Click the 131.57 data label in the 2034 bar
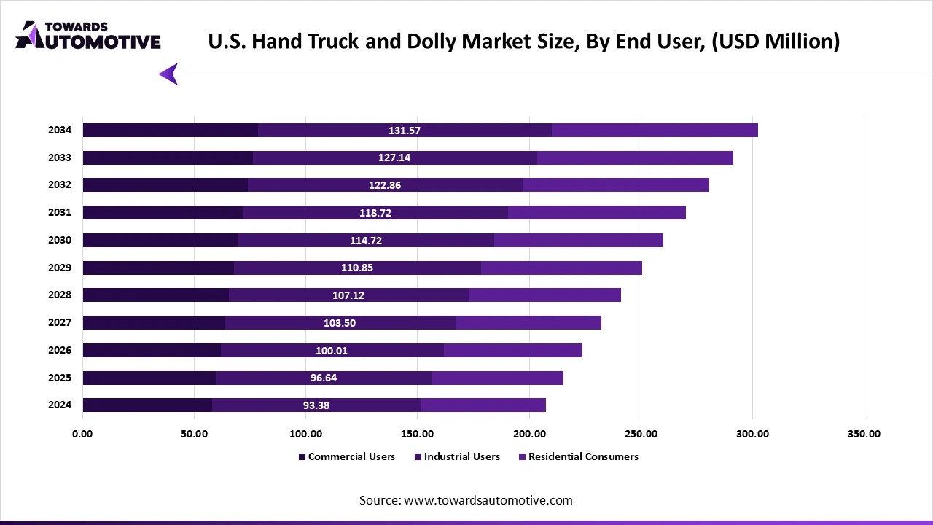pyautogui.click(x=404, y=131)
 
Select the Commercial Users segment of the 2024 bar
pyautogui.click(x=147, y=405)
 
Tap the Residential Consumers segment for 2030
pyautogui.click(x=578, y=241)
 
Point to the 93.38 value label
pyautogui.click(x=316, y=405)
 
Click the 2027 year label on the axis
pyautogui.click(x=60, y=322)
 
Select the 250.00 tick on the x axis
pyautogui.click(x=641, y=434)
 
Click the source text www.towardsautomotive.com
pyautogui.click(x=488, y=500)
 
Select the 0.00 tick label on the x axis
pyautogui.click(x=82, y=434)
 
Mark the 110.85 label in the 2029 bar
pyautogui.click(x=356, y=268)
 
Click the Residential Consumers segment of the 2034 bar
pyautogui.click(x=655, y=131)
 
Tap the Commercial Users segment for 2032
pyautogui.click(x=165, y=185)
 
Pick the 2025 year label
pyautogui.click(x=60, y=378)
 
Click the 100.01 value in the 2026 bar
pyautogui.click(x=331, y=351)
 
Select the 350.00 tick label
pyautogui.click(x=864, y=434)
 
